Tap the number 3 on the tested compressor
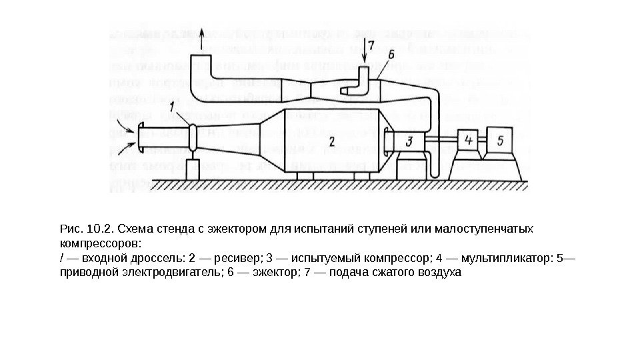point(409,140)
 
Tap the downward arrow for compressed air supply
point(363,50)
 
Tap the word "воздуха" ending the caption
point(439,272)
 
